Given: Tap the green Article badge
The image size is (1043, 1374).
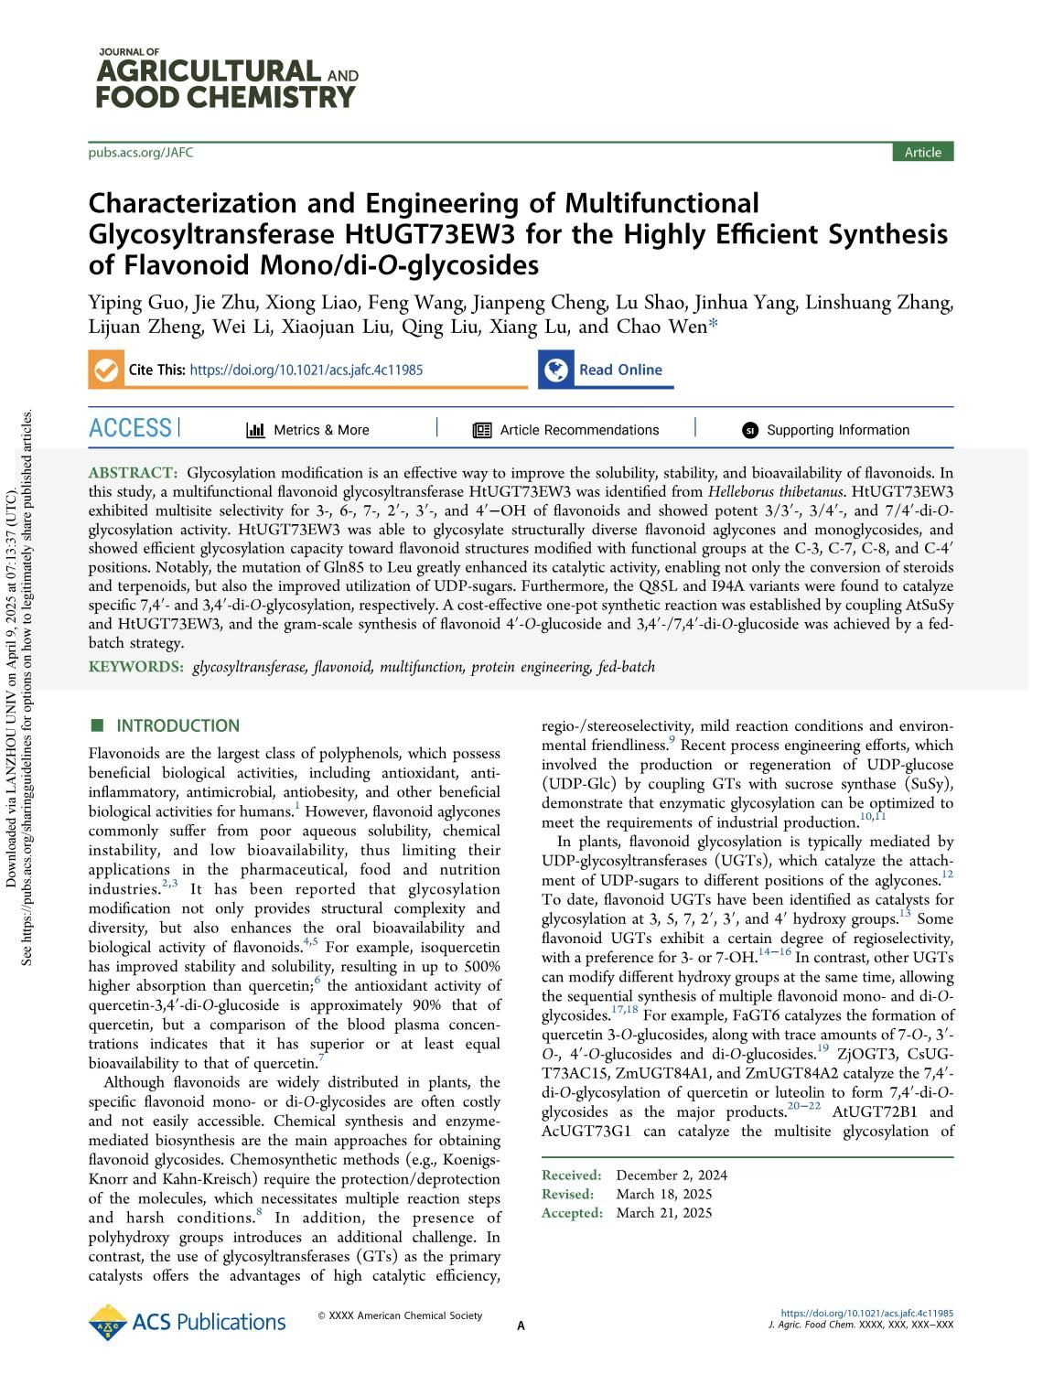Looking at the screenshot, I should [922, 153].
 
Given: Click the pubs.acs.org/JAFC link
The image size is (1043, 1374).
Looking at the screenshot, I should [141, 153].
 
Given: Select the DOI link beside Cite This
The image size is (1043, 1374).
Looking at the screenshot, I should [306, 370].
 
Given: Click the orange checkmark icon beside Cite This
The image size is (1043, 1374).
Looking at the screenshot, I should [106, 370].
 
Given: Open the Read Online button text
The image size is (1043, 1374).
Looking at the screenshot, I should [619, 370].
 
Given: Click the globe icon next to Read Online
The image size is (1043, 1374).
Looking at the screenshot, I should [555, 370].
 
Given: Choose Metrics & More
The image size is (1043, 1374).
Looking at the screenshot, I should [320, 430].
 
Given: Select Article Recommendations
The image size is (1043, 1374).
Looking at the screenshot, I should [578, 430].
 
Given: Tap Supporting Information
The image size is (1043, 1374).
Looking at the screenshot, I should [837, 430].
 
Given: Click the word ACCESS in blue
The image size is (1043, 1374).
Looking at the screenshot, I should [131, 428].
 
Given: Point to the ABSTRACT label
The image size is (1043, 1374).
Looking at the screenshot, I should [133, 473].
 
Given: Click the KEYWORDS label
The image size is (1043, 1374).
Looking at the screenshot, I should [135, 667].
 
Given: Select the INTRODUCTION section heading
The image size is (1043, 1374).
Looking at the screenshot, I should [177, 726].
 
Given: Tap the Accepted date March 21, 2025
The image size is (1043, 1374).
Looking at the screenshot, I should [663, 1213].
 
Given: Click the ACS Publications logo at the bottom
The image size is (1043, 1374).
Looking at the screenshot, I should [187, 1323].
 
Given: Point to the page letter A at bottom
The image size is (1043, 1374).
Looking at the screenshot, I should [521, 1326].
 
